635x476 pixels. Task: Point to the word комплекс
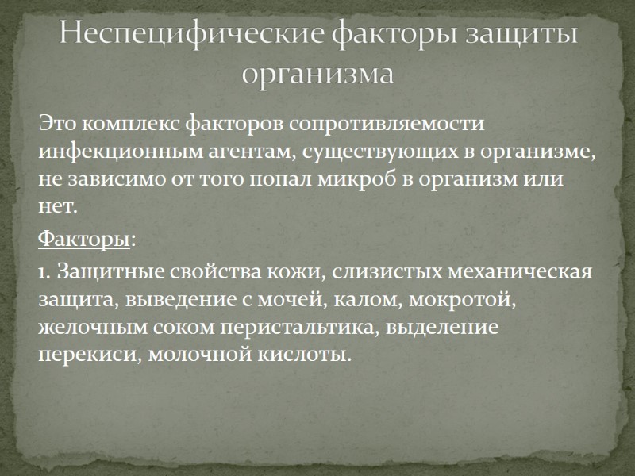point(130,125)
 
